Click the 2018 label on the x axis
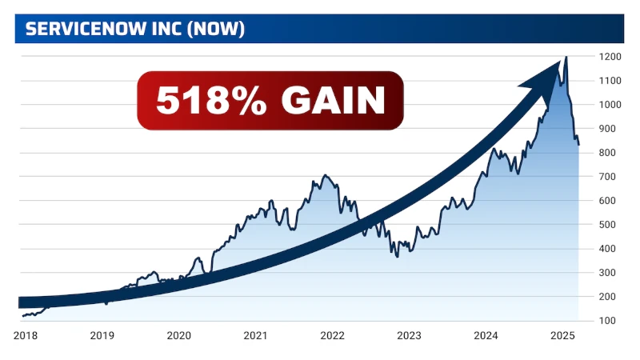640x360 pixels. tap(26, 336)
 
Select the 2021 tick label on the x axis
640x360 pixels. tap(255, 336)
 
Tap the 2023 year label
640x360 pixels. tap(409, 336)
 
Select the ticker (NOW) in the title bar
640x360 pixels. tap(215, 30)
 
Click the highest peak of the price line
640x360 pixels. tap(566, 58)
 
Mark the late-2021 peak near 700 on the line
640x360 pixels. tap(325, 175)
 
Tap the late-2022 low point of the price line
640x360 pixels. tap(398, 255)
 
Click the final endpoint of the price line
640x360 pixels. tap(579, 145)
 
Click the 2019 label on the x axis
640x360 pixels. tap(102, 336)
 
